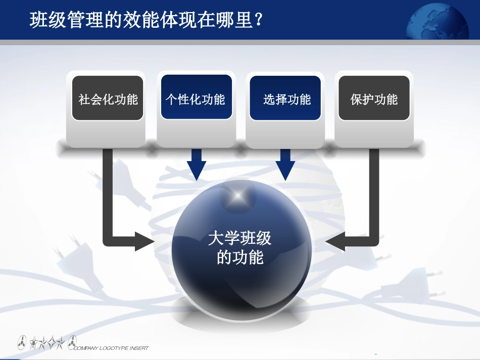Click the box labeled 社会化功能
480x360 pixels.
tap(108, 99)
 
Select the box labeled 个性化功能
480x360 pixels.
tap(196, 98)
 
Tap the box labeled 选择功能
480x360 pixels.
tap(286, 99)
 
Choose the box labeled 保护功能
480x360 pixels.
tap(374, 99)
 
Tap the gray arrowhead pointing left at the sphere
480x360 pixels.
tap(335, 243)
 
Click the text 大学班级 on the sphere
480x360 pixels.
tap(240, 238)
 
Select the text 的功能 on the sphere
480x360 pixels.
tap(240, 258)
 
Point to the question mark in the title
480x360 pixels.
tap(259, 20)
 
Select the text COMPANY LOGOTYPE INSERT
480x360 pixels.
tap(111, 348)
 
